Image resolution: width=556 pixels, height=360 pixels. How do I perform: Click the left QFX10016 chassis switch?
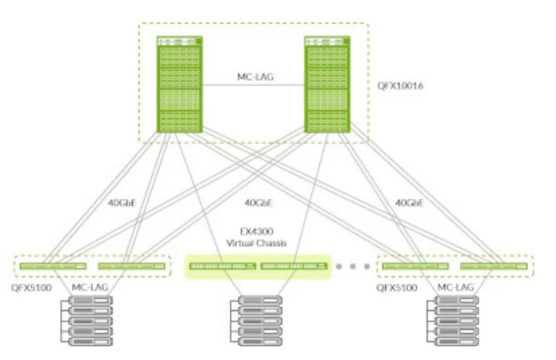click(x=180, y=84)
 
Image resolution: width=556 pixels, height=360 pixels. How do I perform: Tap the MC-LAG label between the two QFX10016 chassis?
click(x=254, y=75)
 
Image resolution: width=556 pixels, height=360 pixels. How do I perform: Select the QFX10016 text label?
click(x=400, y=85)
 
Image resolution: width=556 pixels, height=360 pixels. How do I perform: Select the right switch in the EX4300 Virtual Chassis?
click(x=292, y=266)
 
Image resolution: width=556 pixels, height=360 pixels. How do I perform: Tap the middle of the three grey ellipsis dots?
click(x=354, y=266)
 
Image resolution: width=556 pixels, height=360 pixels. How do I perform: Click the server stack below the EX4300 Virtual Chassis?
click(x=256, y=320)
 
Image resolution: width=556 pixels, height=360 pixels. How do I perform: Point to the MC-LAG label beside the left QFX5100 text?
click(x=91, y=287)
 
